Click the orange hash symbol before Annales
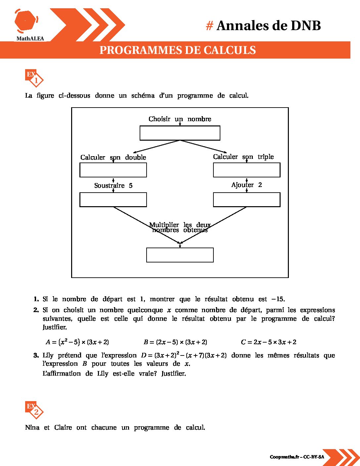[x=209, y=26]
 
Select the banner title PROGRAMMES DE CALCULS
[x=178, y=50]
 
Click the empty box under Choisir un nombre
[x=180, y=133]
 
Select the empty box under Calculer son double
[x=113, y=170]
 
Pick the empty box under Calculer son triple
[x=247, y=170]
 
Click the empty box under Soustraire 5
[x=113, y=200]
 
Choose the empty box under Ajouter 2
[x=247, y=200]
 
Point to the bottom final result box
[x=180, y=255]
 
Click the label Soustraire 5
[x=113, y=186]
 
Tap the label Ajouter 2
[x=247, y=185]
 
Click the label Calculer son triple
[x=243, y=157]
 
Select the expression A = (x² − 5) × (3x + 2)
[x=77, y=342]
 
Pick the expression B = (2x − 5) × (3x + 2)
[x=175, y=342]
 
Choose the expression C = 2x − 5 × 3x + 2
[x=269, y=342]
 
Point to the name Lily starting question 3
[x=48, y=355]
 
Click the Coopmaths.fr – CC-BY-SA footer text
[x=297, y=457]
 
